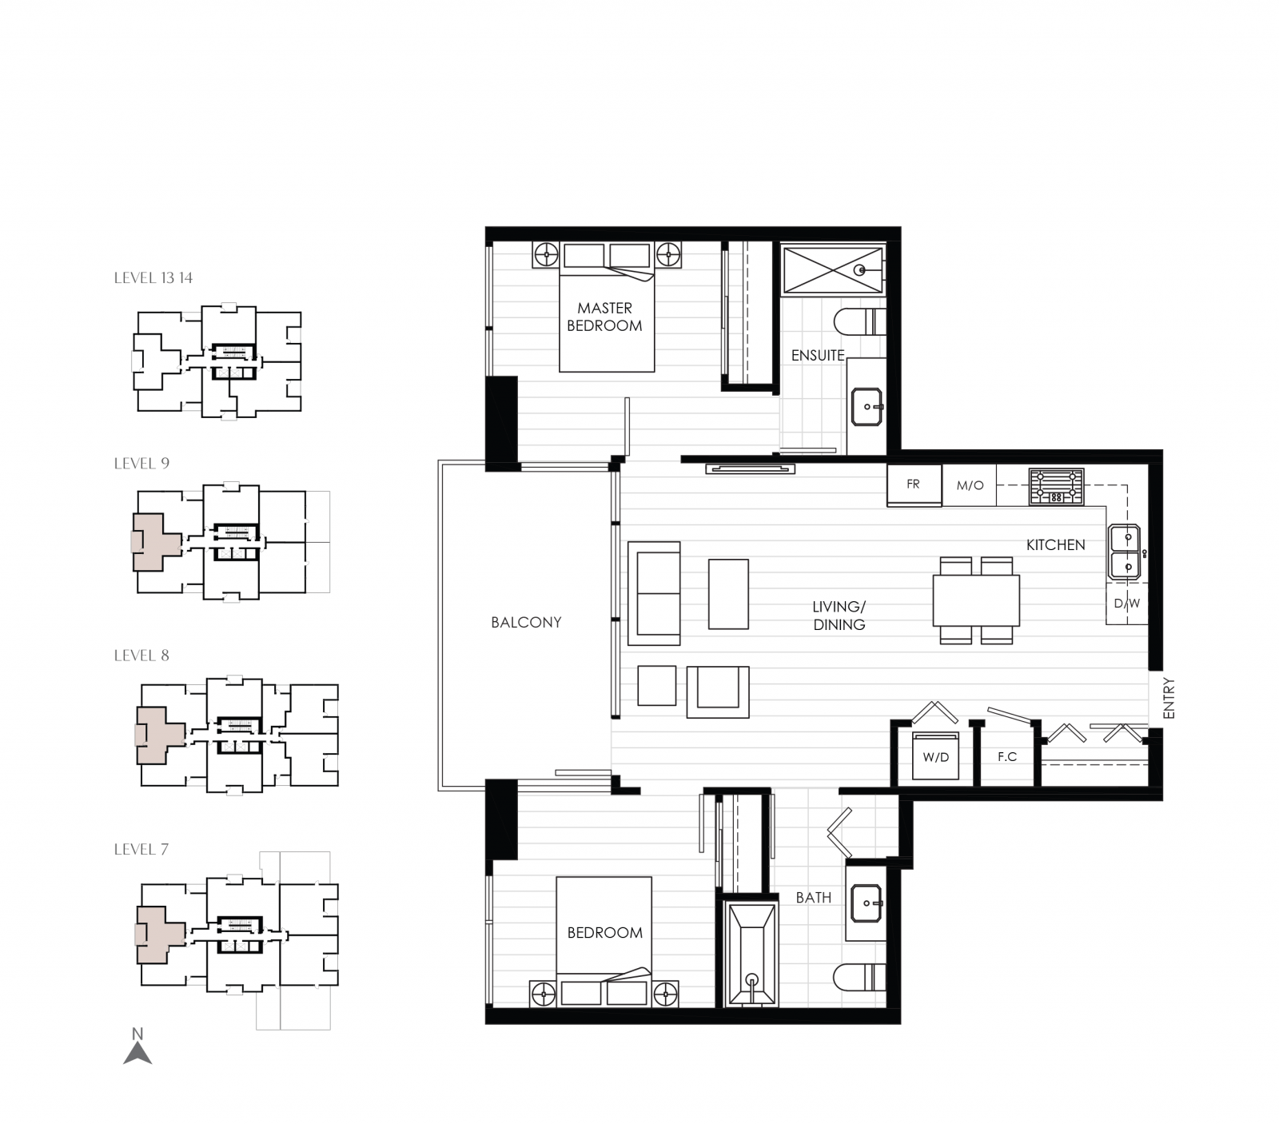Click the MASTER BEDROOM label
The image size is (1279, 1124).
click(604, 317)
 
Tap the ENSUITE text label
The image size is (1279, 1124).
click(817, 356)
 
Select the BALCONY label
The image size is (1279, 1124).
click(526, 622)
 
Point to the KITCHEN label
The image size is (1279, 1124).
click(1055, 544)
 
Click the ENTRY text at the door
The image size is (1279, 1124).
click(1169, 699)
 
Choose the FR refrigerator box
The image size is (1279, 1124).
click(914, 485)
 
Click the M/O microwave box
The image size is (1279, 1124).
click(970, 486)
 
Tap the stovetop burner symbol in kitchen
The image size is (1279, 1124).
click(1056, 486)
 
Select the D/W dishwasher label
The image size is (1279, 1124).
click(1127, 604)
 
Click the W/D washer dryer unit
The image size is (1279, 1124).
click(935, 756)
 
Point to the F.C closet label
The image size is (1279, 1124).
click(1006, 756)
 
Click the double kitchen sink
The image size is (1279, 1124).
click(1125, 552)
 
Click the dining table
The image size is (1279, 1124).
click(975, 600)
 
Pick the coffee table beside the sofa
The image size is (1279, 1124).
click(728, 593)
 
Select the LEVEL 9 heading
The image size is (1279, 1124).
click(141, 464)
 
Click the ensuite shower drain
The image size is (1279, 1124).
click(860, 270)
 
